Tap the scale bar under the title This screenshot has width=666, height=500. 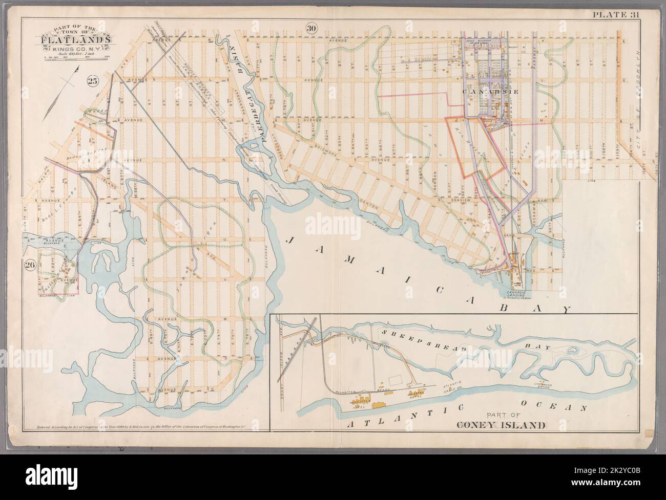click(x=72, y=57)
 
